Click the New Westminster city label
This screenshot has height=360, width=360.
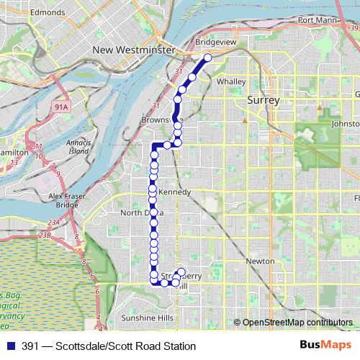tap(134, 50)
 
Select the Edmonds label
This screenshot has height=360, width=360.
tap(48, 12)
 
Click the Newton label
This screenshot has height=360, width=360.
tap(259, 261)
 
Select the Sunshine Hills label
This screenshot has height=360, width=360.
tap(147, 318)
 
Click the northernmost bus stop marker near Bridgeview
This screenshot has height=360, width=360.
tap(207, 58)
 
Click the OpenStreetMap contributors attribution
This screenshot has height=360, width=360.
tap(297, 323)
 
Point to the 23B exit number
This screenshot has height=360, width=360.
tap(45, 235)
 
